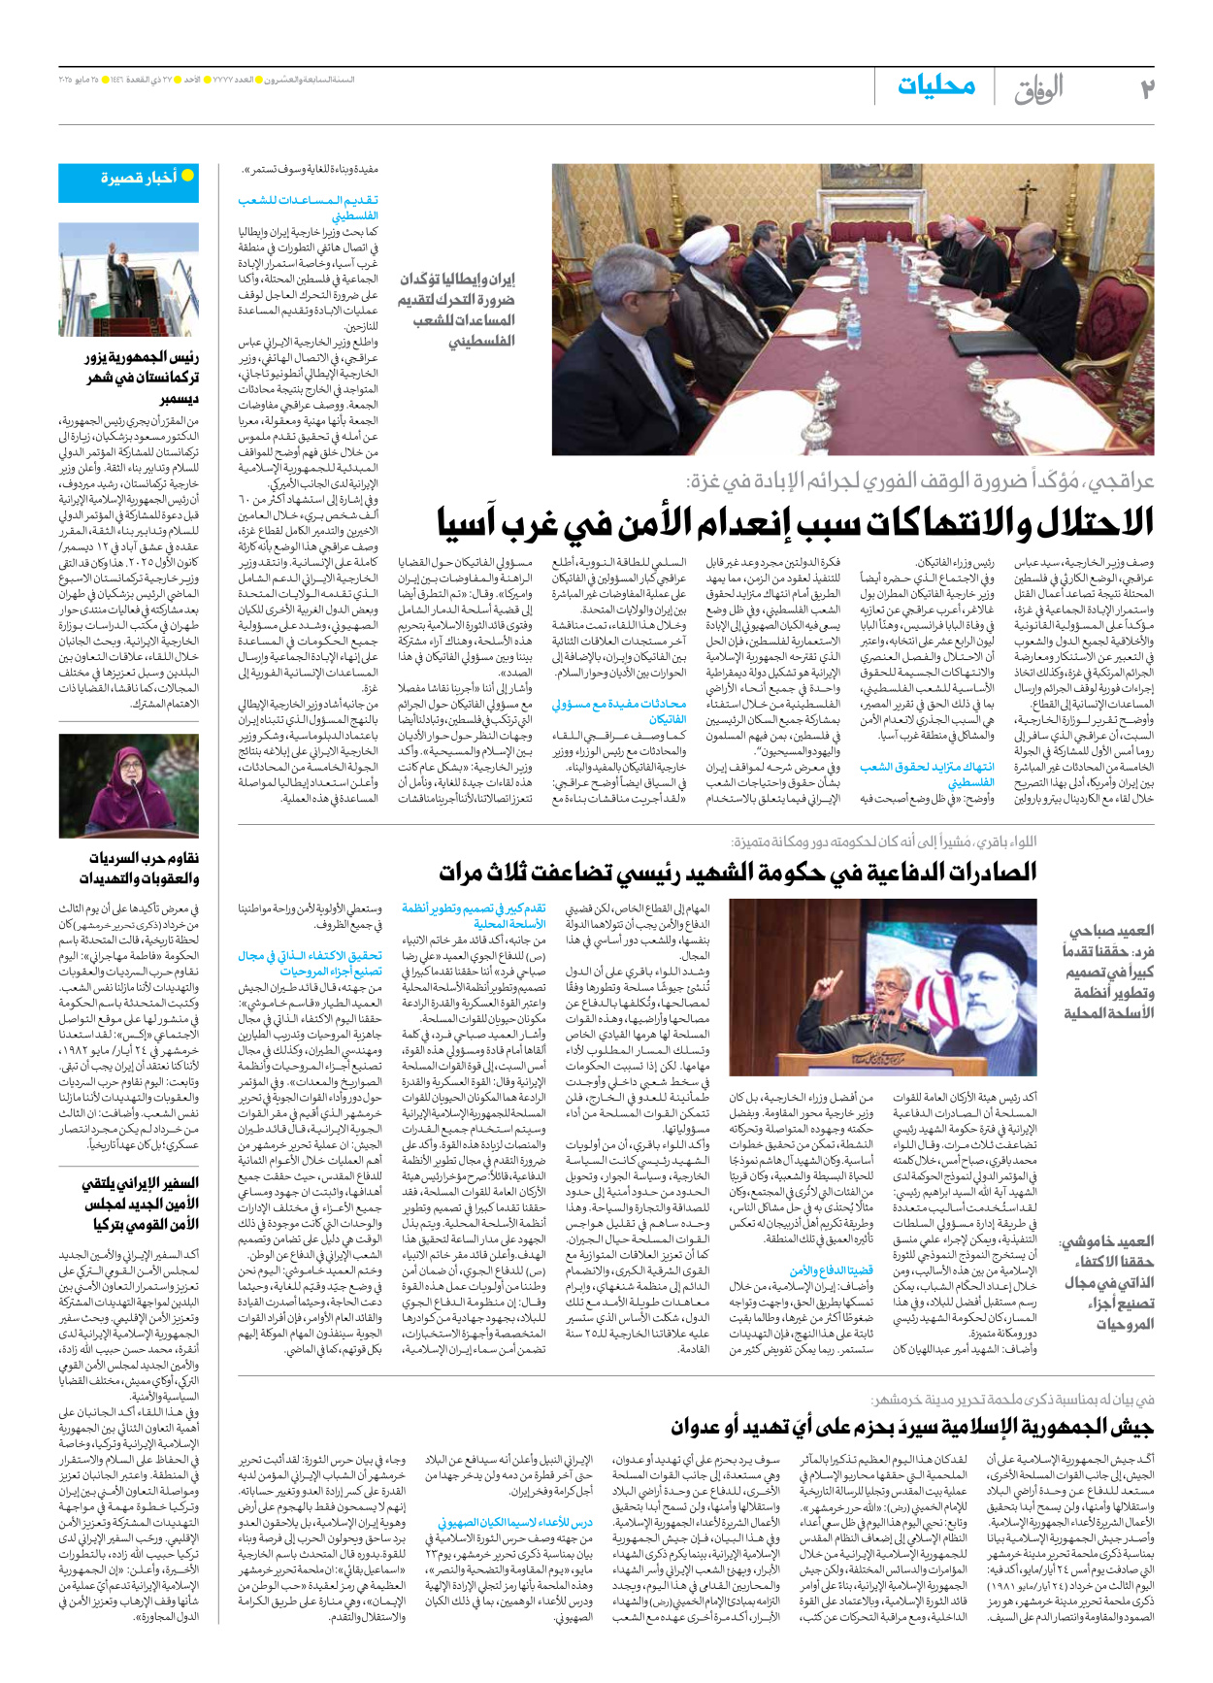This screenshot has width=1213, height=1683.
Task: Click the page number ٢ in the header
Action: (x=1146, y=88)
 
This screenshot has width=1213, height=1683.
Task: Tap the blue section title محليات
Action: (x=935, y=86)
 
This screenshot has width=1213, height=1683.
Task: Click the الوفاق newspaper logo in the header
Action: (x=1038, y=89)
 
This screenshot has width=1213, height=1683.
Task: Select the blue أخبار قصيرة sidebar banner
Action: (x=129, y=181)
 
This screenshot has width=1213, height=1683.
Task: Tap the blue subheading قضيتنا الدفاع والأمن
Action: (x=832, y=1270)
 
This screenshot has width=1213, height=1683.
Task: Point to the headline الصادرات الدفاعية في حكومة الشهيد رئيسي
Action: (x=738, y=873)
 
